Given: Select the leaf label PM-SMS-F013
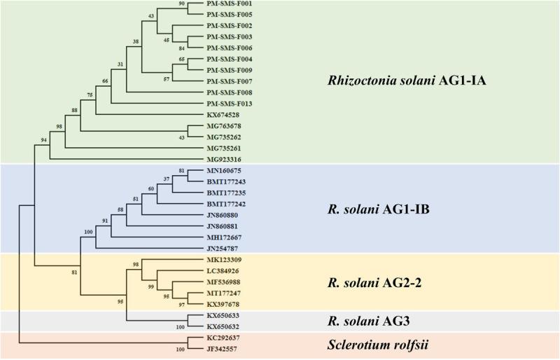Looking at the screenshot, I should click(230, 103).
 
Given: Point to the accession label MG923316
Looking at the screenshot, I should click(225, 159).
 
